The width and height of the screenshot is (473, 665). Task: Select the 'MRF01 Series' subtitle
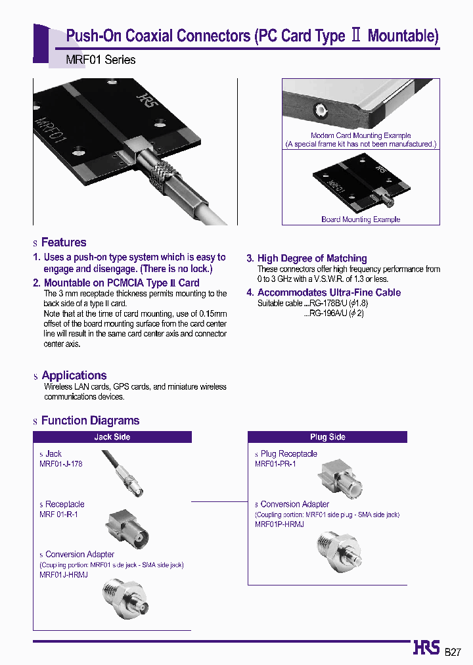[101, 60]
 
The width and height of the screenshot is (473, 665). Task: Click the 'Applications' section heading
[74, 375]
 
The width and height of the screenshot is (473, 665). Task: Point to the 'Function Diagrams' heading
[90, 421]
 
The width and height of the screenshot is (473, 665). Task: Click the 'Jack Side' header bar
[112, 437]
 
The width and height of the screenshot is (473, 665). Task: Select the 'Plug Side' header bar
[327, 437]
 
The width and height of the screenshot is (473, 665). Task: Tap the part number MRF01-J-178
[61, 463]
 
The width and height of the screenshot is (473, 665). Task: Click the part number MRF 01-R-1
[58, 514]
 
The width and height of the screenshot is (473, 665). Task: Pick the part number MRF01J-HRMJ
[64, 574]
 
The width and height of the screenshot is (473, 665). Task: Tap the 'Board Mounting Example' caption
[361, 219]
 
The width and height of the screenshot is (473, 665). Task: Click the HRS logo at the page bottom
[426, 648]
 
